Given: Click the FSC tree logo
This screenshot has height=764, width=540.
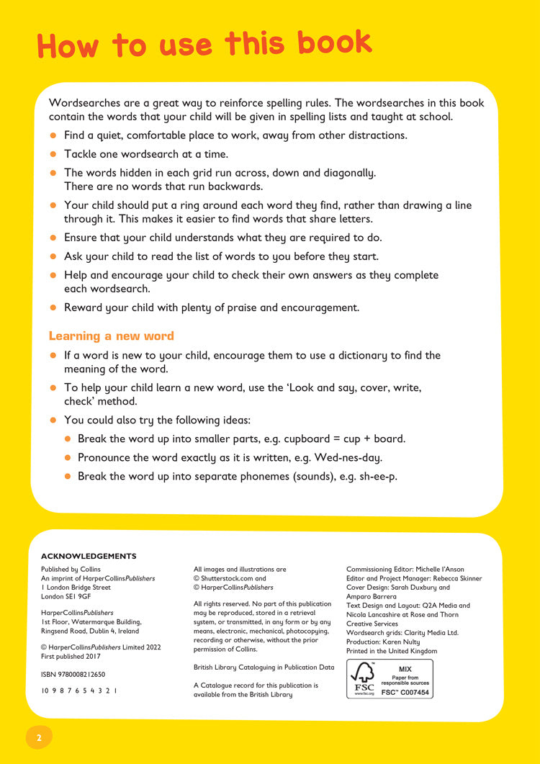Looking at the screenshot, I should pyautogui.click(x=364, y=678).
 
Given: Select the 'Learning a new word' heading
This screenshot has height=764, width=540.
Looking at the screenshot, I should pyautogui.click(x=111, y=336).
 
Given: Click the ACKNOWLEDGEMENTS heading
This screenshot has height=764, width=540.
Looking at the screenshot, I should pyautogui.click(x=89, y=556).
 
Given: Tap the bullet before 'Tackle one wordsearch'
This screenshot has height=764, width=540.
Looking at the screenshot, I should pyautogui.click(x=53, y=154).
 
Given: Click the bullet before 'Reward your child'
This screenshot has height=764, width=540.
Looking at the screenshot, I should pyautogui.click(x=53, y=307).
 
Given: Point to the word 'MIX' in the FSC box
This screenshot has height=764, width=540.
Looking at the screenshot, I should pyautogui.click(x=405, y=669).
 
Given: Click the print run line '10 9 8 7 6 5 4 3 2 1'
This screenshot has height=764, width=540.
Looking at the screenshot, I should pyautogui.click(x=79, y=691).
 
